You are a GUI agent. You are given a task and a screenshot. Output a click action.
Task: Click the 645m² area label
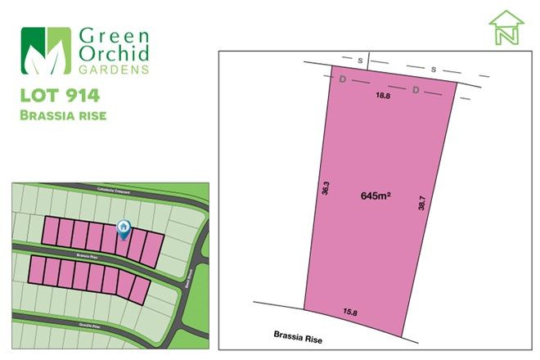click(x=375, y=196)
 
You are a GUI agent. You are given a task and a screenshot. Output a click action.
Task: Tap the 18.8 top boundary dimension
click(x=382, y=96)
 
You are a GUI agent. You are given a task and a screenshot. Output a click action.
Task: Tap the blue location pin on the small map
click(x=124, y=228)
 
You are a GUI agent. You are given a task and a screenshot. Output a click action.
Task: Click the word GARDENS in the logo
click(x=114, y=70)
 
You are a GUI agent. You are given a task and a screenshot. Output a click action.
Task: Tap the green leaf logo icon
click(x=47, y=51)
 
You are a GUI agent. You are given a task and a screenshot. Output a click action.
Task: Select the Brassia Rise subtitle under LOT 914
click(x=63, y=116)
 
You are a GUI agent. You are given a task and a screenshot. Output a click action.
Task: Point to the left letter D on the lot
click(x=341, y=80)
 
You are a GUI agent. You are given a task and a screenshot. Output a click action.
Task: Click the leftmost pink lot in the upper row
click(x=52, y=231)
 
